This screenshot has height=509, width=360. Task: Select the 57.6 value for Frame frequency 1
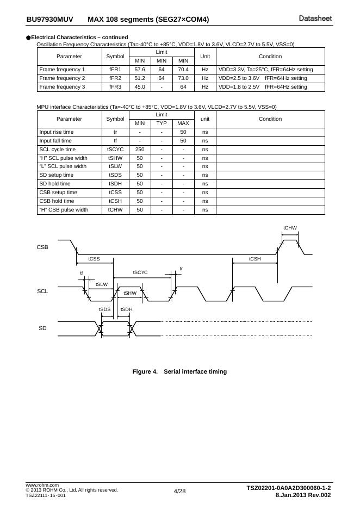pos(140,70)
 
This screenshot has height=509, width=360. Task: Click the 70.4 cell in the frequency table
pos(183,70)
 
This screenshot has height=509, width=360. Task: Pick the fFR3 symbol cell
pos(115,87)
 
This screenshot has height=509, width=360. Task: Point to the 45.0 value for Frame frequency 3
pos(140,87)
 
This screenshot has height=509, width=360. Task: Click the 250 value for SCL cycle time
pos(140,150)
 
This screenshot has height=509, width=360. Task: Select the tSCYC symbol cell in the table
pos(115,150)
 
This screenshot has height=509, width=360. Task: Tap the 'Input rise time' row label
pos(57,132)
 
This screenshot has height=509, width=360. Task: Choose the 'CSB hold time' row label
pos(57,201)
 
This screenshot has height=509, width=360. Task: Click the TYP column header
pos(162,123)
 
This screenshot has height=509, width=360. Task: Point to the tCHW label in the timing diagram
pos(290,228)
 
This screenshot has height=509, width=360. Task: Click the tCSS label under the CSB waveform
pos(94,259)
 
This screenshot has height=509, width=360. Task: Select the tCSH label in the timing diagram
pos(255,259)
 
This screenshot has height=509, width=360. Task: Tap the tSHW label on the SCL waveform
pos(130,293)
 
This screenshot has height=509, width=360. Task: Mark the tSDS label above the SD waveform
pos(104,309)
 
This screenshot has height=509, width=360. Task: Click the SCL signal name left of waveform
pos(42,291)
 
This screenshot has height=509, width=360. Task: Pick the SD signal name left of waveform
pos(42,328)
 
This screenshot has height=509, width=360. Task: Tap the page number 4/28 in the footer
pos(179,492)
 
